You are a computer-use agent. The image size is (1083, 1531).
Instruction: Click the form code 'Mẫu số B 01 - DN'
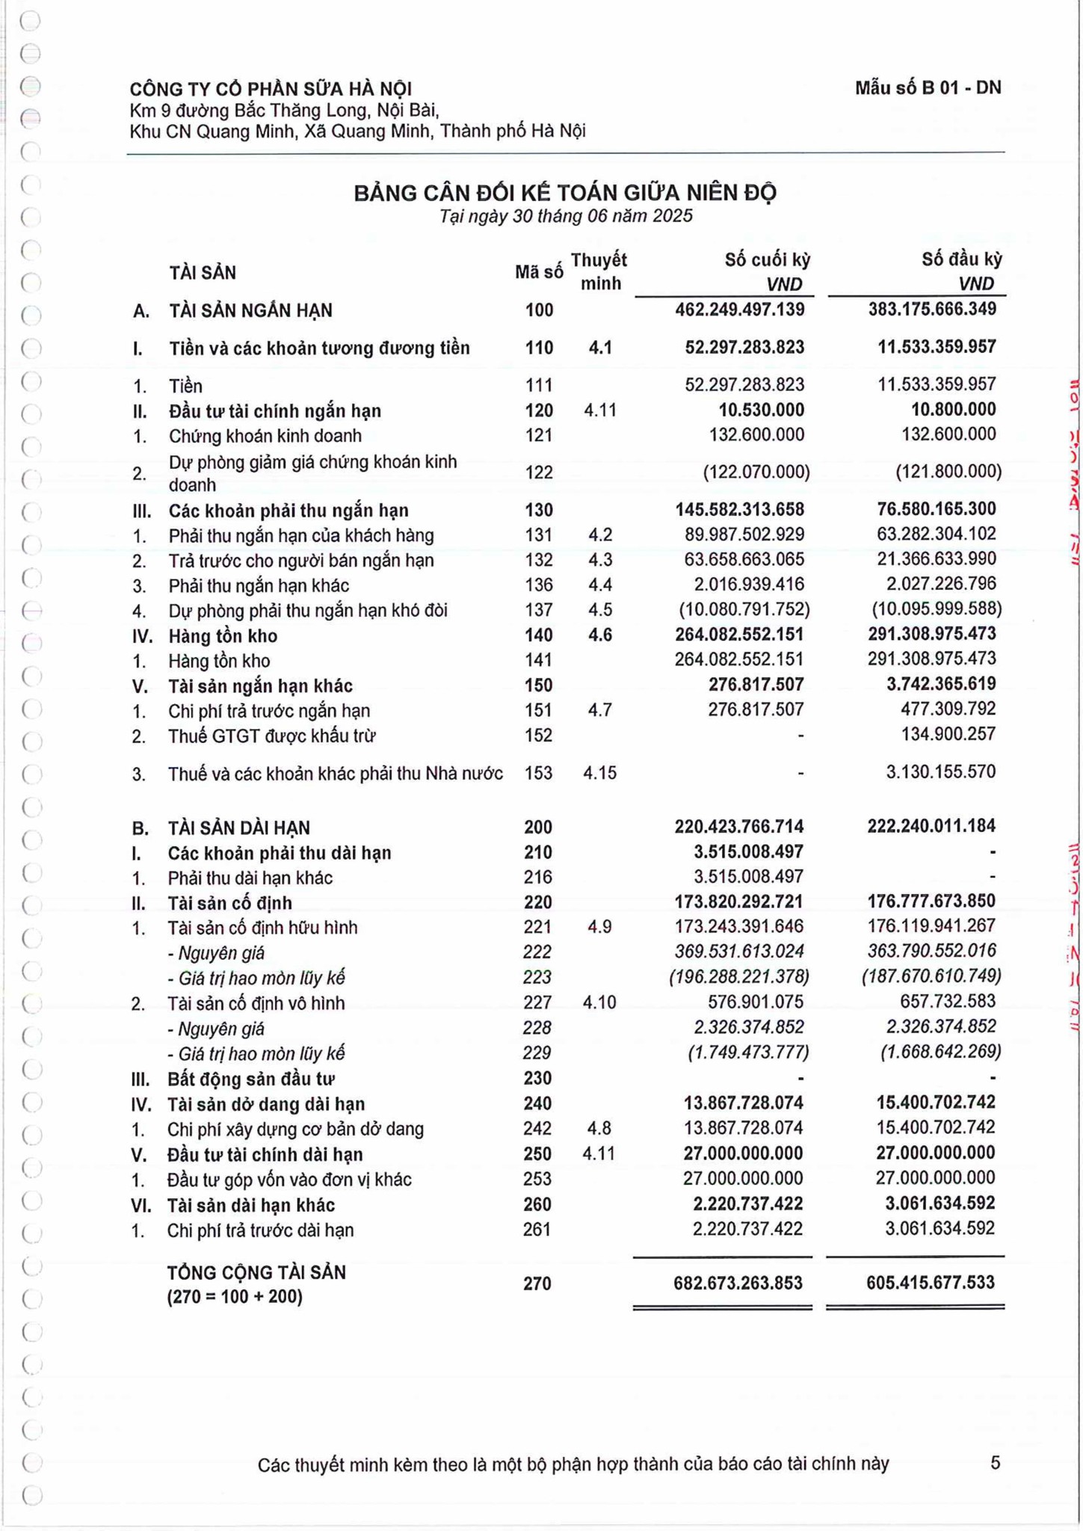(x=928, y=88)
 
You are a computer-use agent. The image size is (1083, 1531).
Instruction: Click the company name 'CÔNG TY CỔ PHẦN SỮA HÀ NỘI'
(x=271, y=90)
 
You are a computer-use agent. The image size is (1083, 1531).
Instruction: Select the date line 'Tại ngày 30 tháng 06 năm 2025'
(x=566, y=217)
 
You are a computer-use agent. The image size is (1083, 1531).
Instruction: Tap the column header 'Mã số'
(x=539, y=273)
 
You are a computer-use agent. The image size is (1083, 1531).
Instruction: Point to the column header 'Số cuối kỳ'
(x=768, y=260)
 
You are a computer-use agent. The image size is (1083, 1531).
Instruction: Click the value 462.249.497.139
(x=739, y=309)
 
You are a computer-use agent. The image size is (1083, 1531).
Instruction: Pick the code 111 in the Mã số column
(x=539, y=385)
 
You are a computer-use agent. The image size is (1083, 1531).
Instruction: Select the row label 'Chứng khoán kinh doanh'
(x=265, y=436)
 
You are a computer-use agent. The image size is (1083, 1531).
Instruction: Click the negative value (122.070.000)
(x=756, y=472)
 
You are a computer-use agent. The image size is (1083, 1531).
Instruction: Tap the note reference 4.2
(x=600, y=535)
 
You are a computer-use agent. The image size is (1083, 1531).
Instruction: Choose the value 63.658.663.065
(x=744, y=559)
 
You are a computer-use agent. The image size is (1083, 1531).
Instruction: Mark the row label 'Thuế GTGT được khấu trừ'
(x=272, y=736)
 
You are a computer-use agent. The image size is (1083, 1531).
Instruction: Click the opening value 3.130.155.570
(x=940, y=771)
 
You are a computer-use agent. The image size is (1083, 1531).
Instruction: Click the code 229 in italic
(x=537, y=1053)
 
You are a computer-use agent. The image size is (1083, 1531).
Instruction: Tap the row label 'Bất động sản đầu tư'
(x=251, y=1079)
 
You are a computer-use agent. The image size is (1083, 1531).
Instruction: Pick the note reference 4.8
(x=599, y=1128)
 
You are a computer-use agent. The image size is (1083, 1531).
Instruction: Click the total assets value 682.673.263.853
(x=738, y=1284)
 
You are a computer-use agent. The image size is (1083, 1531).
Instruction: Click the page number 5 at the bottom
(x=995, y=1463)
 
